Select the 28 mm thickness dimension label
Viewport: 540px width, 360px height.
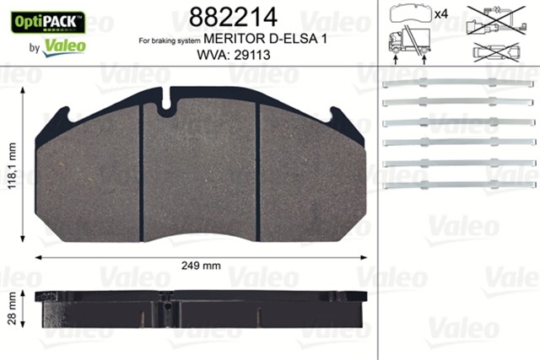(x=13, y=309)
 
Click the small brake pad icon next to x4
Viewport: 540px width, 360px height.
(x=409, y=15)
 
